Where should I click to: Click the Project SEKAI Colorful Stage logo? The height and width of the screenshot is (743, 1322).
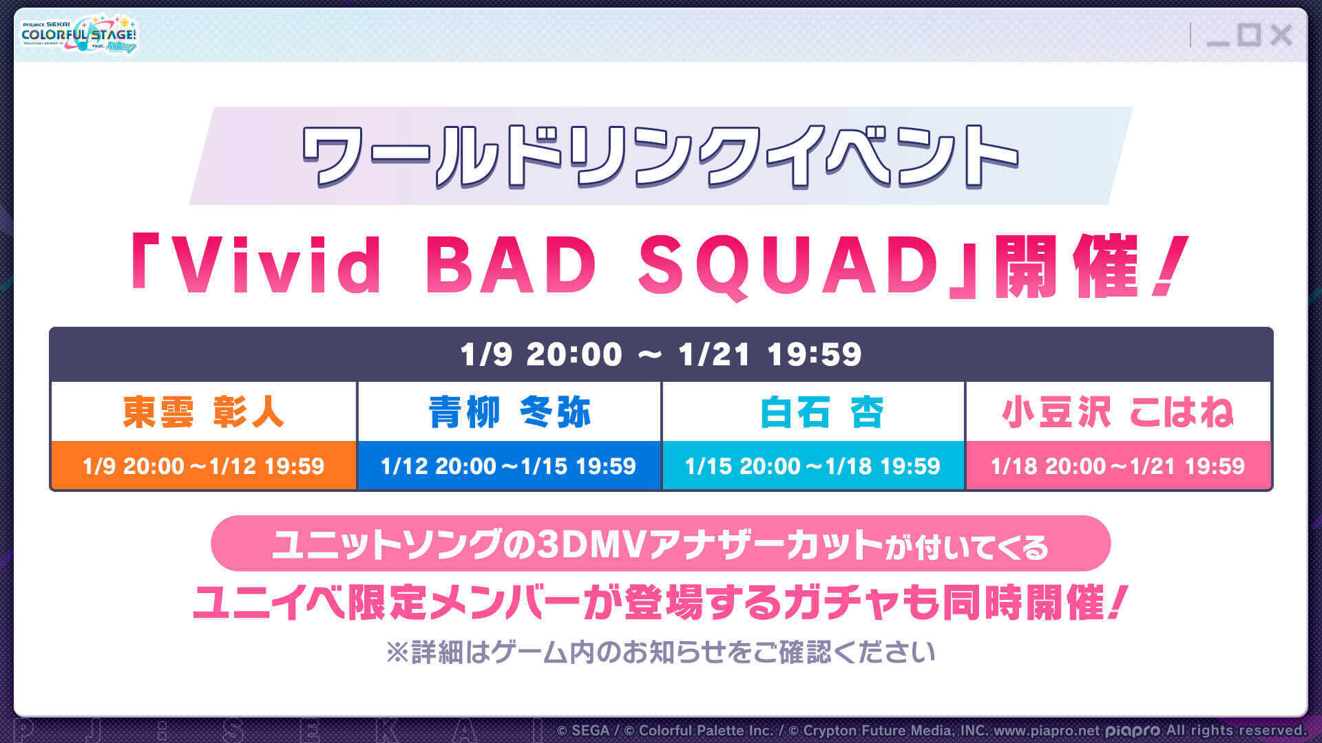[x=78, y=34]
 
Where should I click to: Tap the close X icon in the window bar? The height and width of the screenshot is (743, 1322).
[x=1281, y=35]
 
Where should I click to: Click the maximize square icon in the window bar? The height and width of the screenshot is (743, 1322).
[x=1249, y=35]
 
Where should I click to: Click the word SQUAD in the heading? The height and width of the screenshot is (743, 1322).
[x=789, y=266]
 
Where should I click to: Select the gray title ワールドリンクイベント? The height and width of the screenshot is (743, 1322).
[x=660, y=156]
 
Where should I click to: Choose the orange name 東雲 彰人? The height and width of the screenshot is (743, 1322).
[x=203, y=412]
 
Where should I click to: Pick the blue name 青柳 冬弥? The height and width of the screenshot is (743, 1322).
[x=510, y=412]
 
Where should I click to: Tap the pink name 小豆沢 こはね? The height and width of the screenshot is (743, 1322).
[x=1118, y=412]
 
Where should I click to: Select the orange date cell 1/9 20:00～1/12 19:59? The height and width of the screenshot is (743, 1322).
[x=203, y=466]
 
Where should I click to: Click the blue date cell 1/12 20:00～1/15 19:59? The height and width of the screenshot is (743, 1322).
[x=509, y=466]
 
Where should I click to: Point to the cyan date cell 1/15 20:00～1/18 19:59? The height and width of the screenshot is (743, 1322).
[x=812, y=466]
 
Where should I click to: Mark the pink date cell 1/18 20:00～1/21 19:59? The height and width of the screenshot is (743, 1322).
[x=1118, y=466]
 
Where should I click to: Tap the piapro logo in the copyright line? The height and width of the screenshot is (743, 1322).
[x=1133, y=731]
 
